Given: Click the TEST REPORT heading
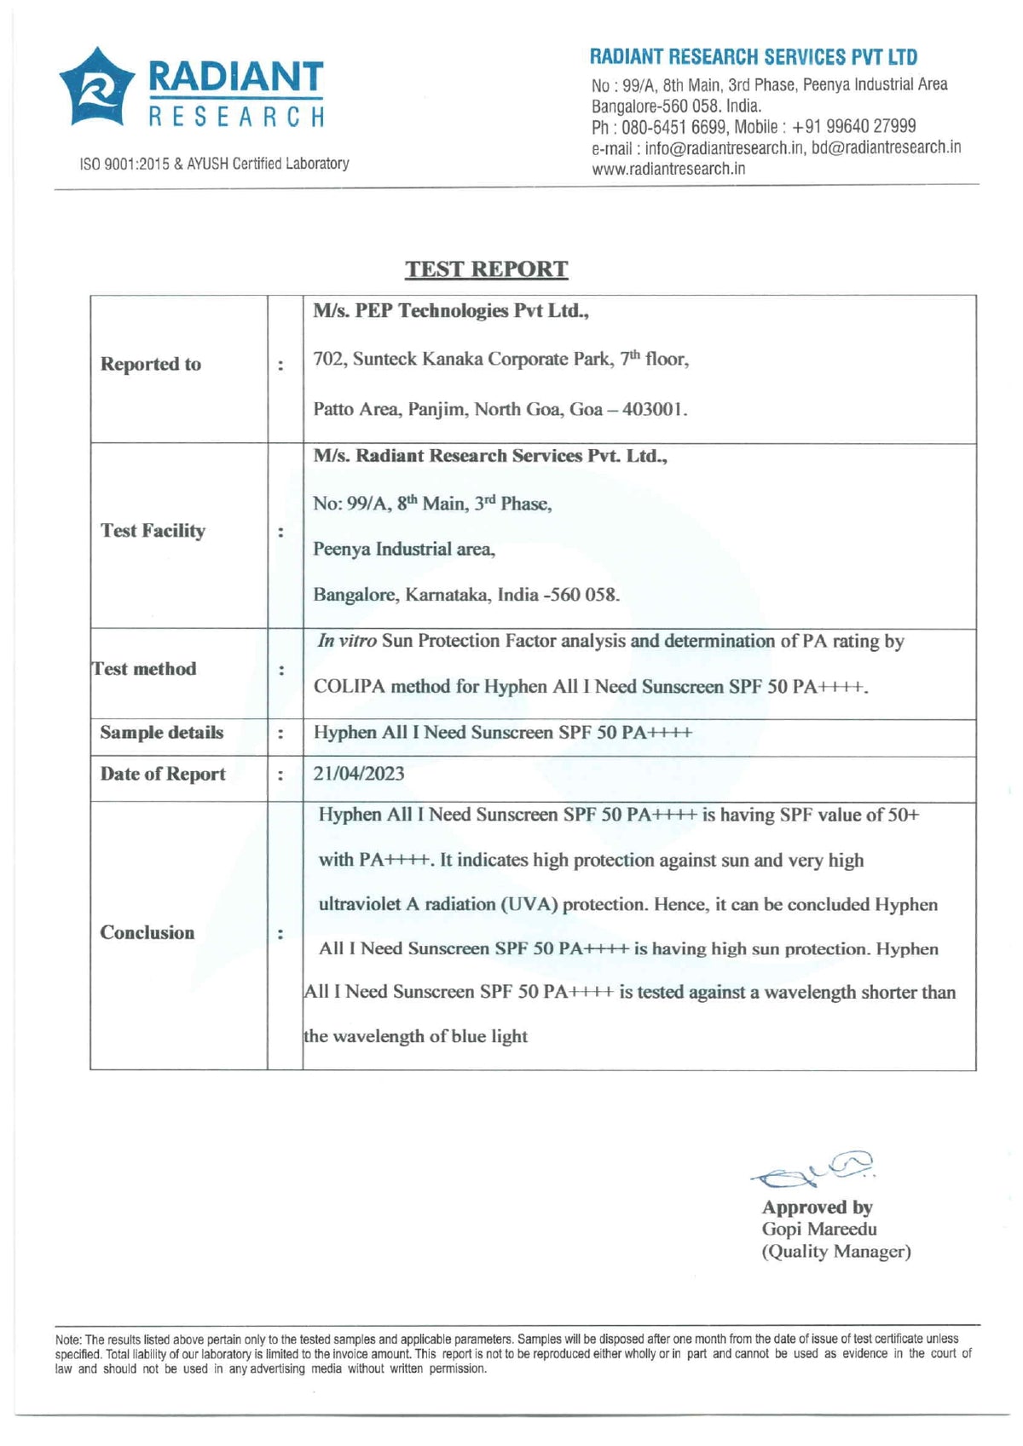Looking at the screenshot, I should (x=486, y=269).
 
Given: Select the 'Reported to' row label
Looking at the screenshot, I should (x=151, y=365).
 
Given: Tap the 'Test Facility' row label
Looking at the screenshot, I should (x=153, y=531).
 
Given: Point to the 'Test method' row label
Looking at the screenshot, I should (x=144, y=669).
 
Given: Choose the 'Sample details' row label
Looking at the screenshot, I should (x=161, y=733).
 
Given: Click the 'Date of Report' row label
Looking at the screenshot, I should (x=163, y=775).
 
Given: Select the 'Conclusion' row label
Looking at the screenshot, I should (x=147, y=933).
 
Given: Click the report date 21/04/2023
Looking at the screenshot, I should (x=359, y=774).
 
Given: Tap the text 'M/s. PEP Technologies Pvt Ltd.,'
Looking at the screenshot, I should (x=451, y=311).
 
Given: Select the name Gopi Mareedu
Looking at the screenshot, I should (x=819, y=1230).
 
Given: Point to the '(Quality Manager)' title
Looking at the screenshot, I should (x=836, y=1252).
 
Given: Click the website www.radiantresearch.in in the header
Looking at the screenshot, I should (x=668, y=169).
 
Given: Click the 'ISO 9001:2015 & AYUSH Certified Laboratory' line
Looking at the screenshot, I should (x=214, y=164).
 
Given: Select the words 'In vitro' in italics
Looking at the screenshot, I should (x=347, y=642).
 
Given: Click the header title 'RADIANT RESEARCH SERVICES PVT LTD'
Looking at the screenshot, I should (x=754, y=58).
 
